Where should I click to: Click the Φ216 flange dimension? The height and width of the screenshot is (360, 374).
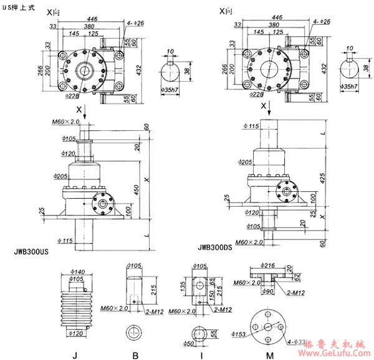(x=267, y=264)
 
